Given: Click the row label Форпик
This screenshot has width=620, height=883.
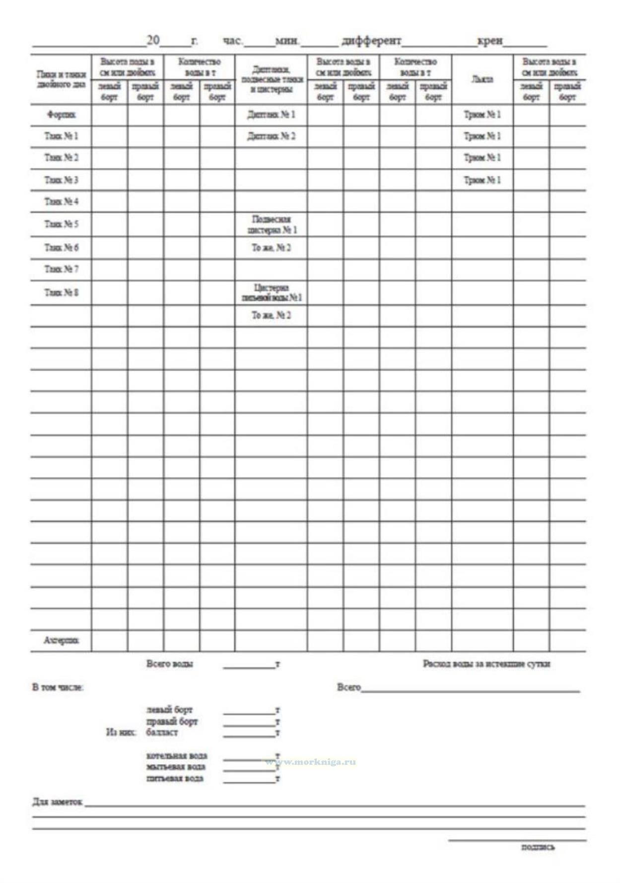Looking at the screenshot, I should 61,115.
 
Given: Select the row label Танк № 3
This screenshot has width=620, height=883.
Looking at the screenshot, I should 61,180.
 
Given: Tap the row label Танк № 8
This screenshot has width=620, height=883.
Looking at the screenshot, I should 61,292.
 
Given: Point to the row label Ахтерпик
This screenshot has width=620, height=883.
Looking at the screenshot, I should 61,641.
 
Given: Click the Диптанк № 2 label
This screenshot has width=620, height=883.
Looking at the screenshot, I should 271,136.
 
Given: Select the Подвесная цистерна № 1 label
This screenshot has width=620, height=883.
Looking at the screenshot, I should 271,224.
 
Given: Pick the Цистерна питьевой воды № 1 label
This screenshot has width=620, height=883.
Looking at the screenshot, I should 271,292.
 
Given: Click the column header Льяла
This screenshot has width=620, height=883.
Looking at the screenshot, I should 482,79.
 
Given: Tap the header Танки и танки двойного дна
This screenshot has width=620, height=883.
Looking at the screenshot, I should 61,79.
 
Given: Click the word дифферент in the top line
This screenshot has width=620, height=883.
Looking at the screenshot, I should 371,41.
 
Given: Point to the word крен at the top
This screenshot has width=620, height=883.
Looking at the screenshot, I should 490,41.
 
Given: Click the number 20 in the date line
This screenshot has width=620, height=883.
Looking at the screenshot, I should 153,40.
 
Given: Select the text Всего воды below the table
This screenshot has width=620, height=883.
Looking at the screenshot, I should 170,664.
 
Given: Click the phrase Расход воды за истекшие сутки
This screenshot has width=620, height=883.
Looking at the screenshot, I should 486,664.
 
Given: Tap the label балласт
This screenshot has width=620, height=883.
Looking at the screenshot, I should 162,733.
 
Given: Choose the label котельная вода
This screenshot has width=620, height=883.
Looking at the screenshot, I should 177,756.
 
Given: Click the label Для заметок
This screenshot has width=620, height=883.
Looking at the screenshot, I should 57,802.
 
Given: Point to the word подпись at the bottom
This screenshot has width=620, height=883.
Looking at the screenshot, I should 538,847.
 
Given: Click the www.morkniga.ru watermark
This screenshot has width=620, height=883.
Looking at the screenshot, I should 311,762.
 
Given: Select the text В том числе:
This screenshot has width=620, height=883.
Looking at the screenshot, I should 58,687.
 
